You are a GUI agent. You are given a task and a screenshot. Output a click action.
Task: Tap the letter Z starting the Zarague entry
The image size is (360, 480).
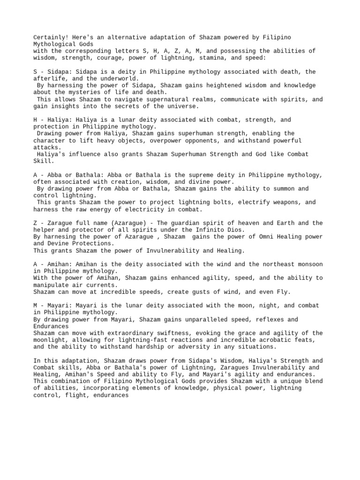point(35,223)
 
